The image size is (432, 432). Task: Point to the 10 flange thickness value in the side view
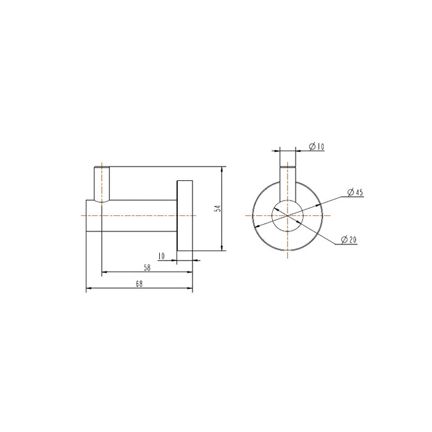(x=161, y=255)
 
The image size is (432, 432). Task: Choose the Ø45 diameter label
(x=354, y=193)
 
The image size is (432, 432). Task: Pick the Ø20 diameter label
(x=349, y=241)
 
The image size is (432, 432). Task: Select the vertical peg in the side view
(x=101, y=183)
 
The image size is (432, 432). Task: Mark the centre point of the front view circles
(x=288, y=215)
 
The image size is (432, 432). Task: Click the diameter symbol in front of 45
(x=350, y=193)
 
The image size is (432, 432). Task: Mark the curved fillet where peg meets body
(x=106, y=201)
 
